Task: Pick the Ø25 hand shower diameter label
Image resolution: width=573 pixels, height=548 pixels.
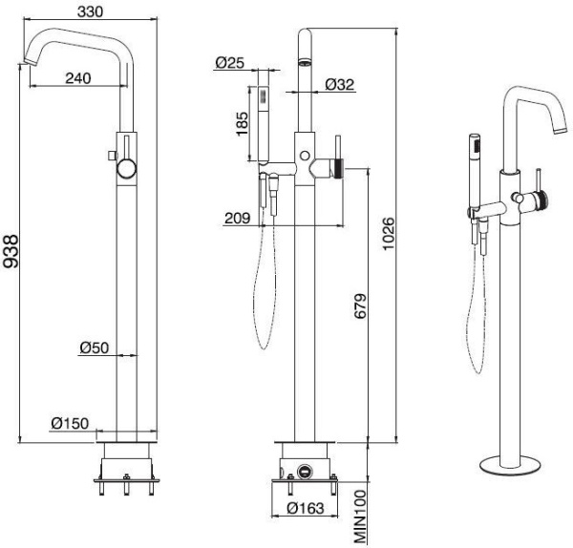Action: pyautogui.click(x=228, y=63)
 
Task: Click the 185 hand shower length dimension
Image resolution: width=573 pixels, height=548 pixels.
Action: pyautogui.click(x=244, y=122)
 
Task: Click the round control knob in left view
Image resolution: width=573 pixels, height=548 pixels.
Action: pyautogui.click(x=126, y=170)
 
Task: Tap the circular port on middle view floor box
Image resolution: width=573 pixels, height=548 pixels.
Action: pyautogui.click(x=306, y=471)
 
